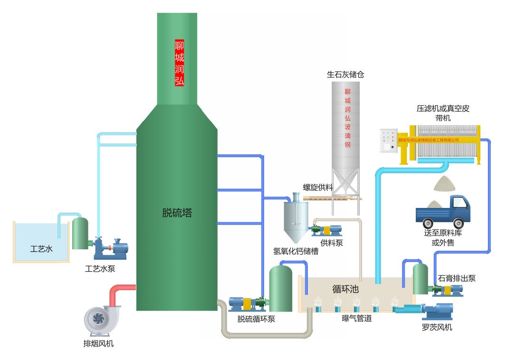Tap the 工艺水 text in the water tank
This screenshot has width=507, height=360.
click(41, 248)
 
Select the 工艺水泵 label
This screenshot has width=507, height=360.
click(100, 269)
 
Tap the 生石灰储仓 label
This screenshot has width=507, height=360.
click(345, 75)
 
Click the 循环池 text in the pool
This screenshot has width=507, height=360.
click(345, 289)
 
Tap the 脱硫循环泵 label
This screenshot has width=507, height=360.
click(256, 319)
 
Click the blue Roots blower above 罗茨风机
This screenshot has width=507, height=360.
click(437, 312)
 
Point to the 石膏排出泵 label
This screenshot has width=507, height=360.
click(457, 278)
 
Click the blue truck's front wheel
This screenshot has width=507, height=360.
click(458, 222)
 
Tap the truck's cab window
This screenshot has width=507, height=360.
click(459, 202)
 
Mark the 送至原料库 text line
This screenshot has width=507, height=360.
click(443, 233)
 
